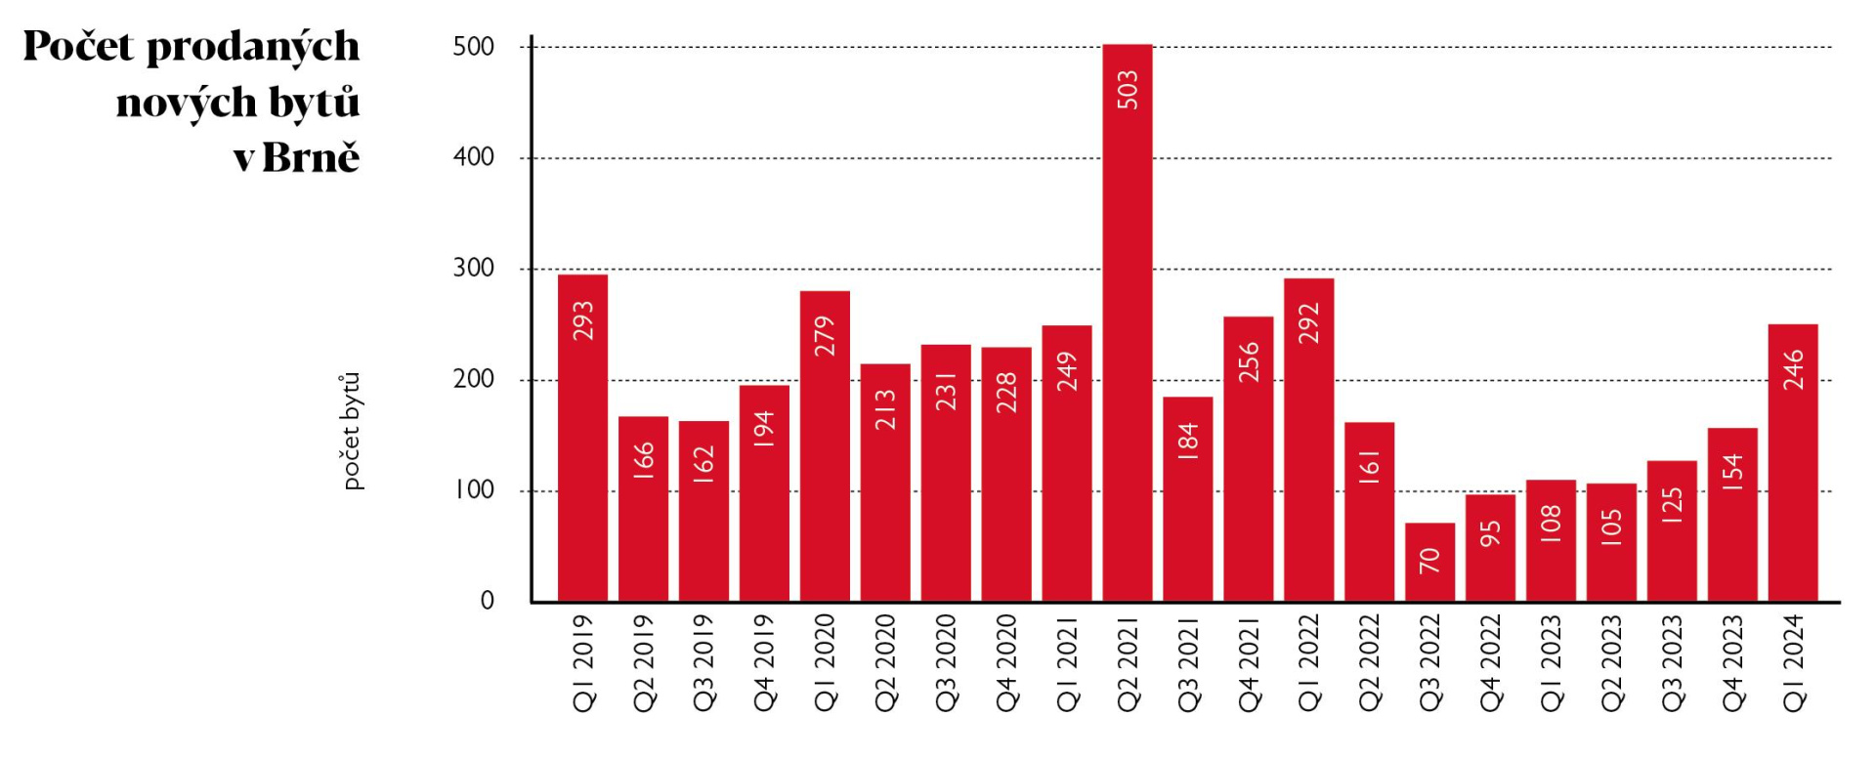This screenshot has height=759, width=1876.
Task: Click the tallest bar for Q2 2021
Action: [x=1127, y=322]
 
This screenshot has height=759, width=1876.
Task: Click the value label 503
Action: [x=1128, y=90]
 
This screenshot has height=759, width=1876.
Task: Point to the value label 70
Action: [x=1430, y=561]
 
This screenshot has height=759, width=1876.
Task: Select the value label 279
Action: [x=826, y=335]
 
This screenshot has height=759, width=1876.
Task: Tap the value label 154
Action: [x=1732, y=471]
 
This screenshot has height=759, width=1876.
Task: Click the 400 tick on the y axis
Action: [x=474, y=157]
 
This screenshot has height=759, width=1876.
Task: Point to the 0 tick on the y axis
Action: [x=487, y=602]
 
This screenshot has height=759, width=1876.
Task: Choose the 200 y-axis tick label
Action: [x=474, y=379]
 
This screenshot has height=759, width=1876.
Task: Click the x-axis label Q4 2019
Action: [x=764, y=662]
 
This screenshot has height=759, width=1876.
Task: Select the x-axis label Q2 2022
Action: [x=1370, y=662]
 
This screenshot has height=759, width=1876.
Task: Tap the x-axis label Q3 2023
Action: [x=1673, y=662]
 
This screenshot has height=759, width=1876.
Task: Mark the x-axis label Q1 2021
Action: [x=1067, y=662]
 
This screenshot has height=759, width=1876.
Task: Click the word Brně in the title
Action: [x=311, y=157]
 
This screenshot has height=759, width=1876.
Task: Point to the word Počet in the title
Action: [x=78, y=46]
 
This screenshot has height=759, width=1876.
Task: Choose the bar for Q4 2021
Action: [x=1248, y=459]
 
